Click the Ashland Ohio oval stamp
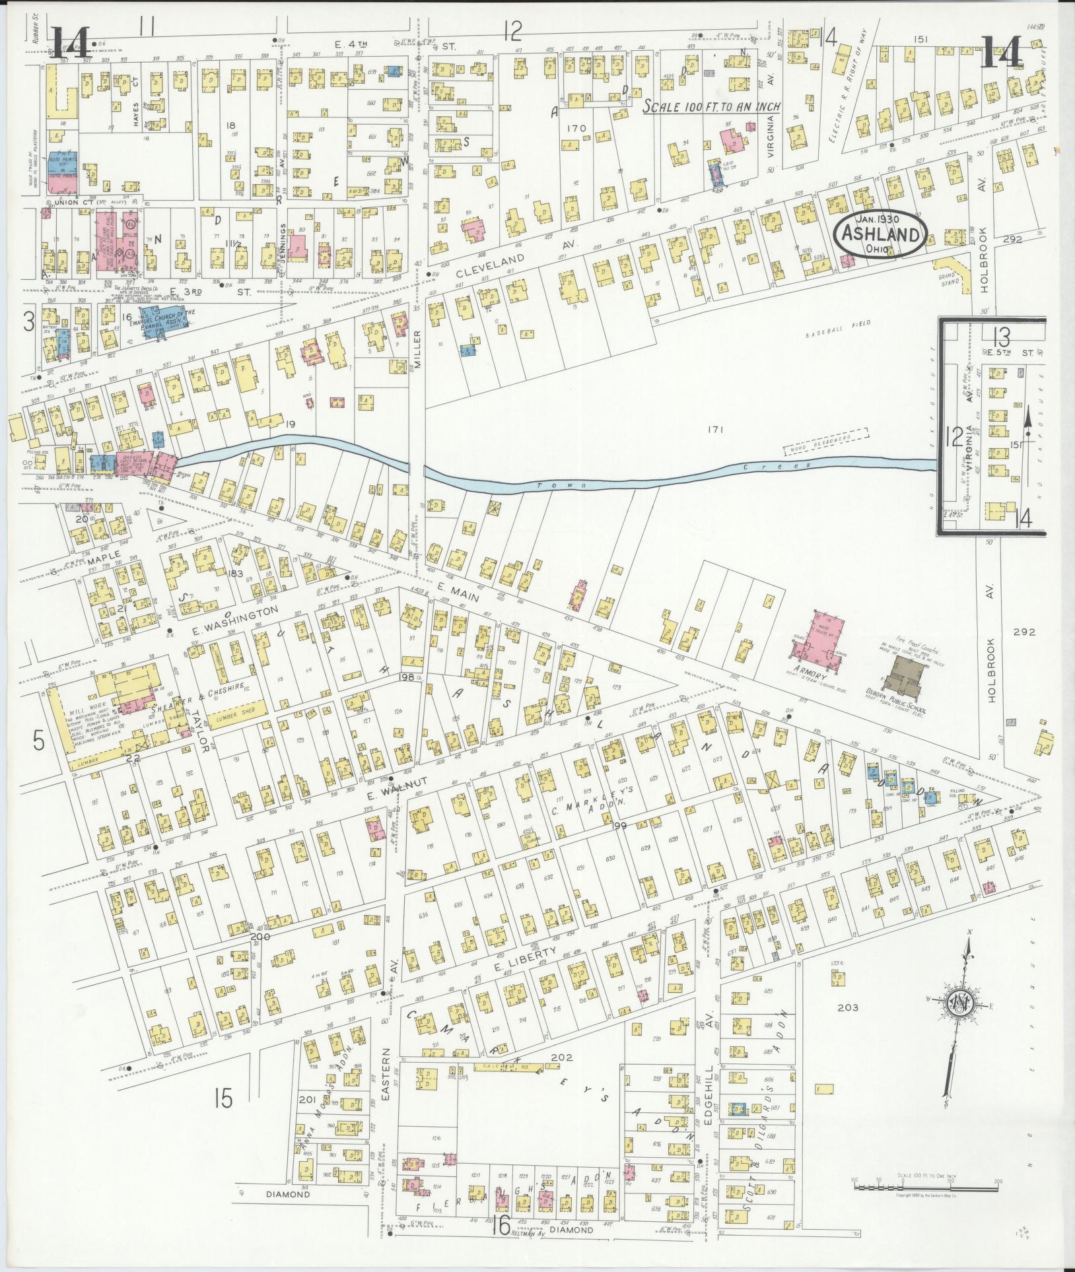coord(881,234)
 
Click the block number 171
coord(715,430)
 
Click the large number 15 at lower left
coord(224,1099)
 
